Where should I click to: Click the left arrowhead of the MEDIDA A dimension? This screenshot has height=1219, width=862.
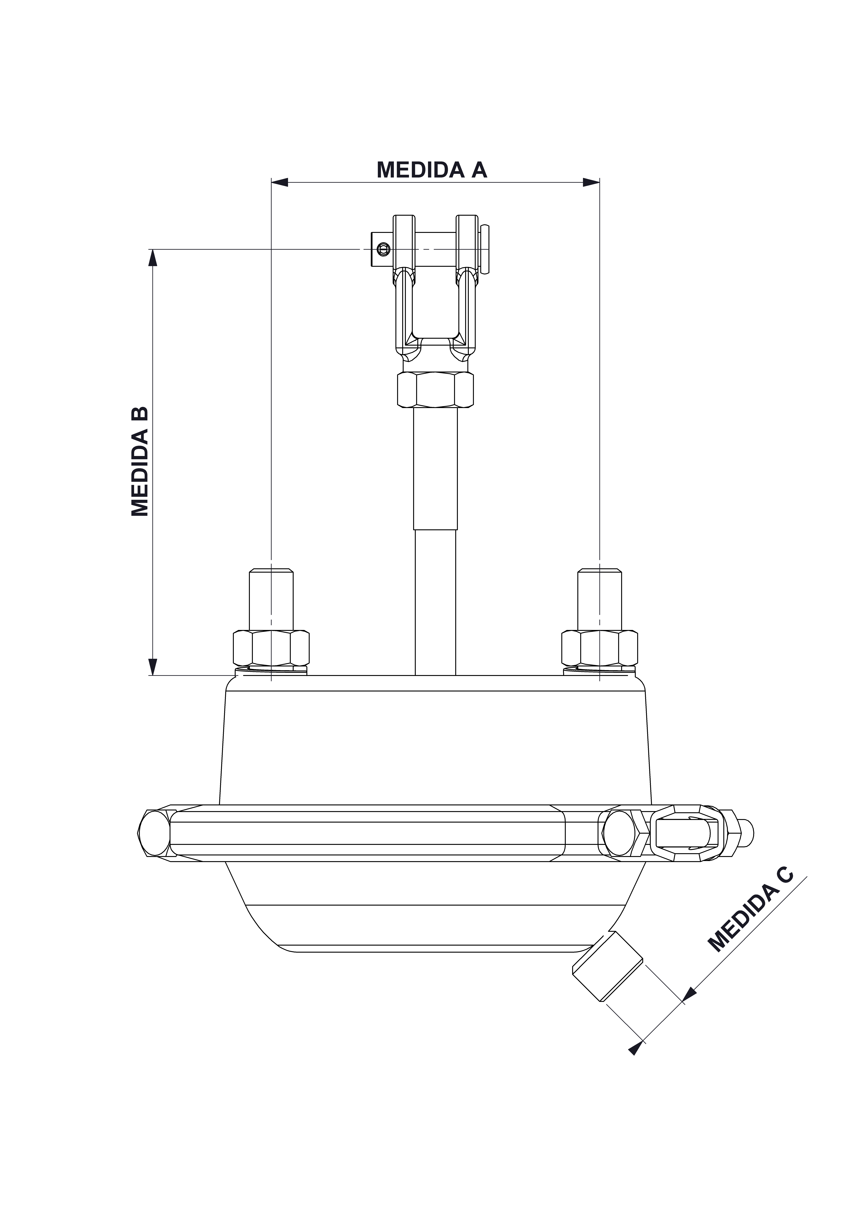click(x=279, y=182)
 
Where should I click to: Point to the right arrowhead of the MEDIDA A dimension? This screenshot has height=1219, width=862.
click(x=591, y=182)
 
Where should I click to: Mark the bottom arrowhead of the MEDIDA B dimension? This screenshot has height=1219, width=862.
click(x=152, y=666)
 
